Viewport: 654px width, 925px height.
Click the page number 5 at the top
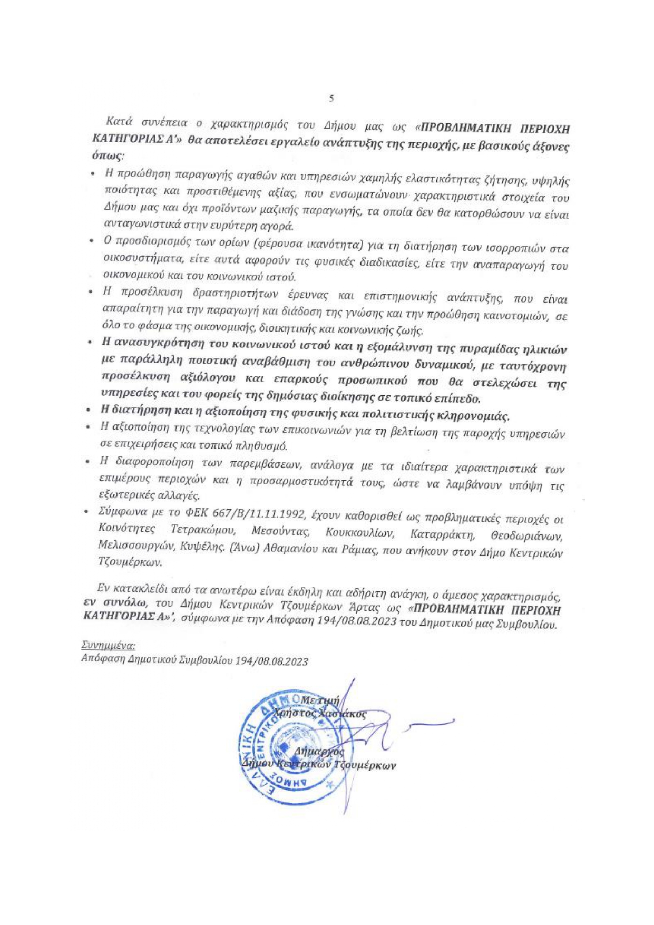pos(331,98)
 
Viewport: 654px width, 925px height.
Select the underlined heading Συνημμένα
pos(108,645)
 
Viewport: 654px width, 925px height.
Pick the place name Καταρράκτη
pos(443,534)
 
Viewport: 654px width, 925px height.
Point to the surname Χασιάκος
pos(342,714)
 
